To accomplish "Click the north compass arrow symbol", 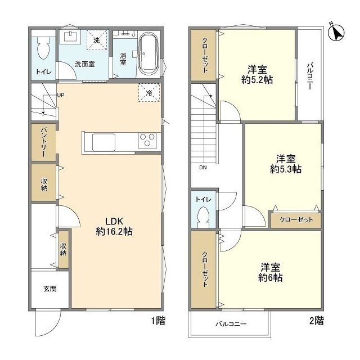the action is point(336,33).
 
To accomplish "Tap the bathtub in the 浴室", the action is point(148,54).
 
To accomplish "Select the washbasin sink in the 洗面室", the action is point(70,37).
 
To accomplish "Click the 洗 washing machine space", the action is point(97,40).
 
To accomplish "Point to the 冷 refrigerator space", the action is point(149,92).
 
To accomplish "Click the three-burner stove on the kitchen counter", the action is point(147,140).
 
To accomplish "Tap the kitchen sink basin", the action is point(103,142).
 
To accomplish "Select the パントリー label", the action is point(44,142).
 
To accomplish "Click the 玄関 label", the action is point(50,289).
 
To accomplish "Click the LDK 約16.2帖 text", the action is point(114,226).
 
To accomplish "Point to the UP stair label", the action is point(61,95).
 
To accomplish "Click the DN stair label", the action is point(203,168).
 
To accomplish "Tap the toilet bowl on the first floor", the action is point(43,48).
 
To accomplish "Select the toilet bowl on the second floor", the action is point(204,217).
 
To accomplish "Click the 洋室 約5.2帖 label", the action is point(257,75).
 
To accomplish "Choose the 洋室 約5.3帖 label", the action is point(286,164).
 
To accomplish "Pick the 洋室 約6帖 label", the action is point(270,272).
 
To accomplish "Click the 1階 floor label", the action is point(158,321).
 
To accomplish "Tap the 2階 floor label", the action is point(317,321).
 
